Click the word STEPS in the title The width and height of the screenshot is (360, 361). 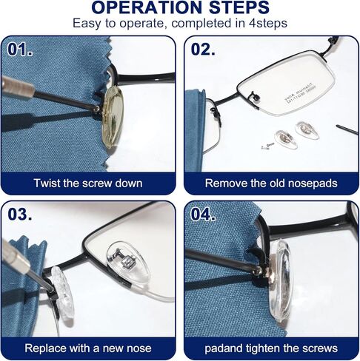click(239, 7)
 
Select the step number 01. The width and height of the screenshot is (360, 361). click(20, 50)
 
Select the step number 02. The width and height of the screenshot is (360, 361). click(203, 50)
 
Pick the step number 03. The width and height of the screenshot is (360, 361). click(20, 214)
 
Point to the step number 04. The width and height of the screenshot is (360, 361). click(203, 214)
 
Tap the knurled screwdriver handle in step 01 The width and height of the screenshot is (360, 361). click(16, 87)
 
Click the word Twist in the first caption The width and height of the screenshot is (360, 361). click(47, 183)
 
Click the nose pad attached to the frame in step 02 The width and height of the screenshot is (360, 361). click(254, 96)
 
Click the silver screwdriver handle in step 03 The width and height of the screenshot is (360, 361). click(16, 257)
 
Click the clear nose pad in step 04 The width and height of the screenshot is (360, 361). click(281, 280)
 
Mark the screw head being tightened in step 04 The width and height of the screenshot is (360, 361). click(258, 271)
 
